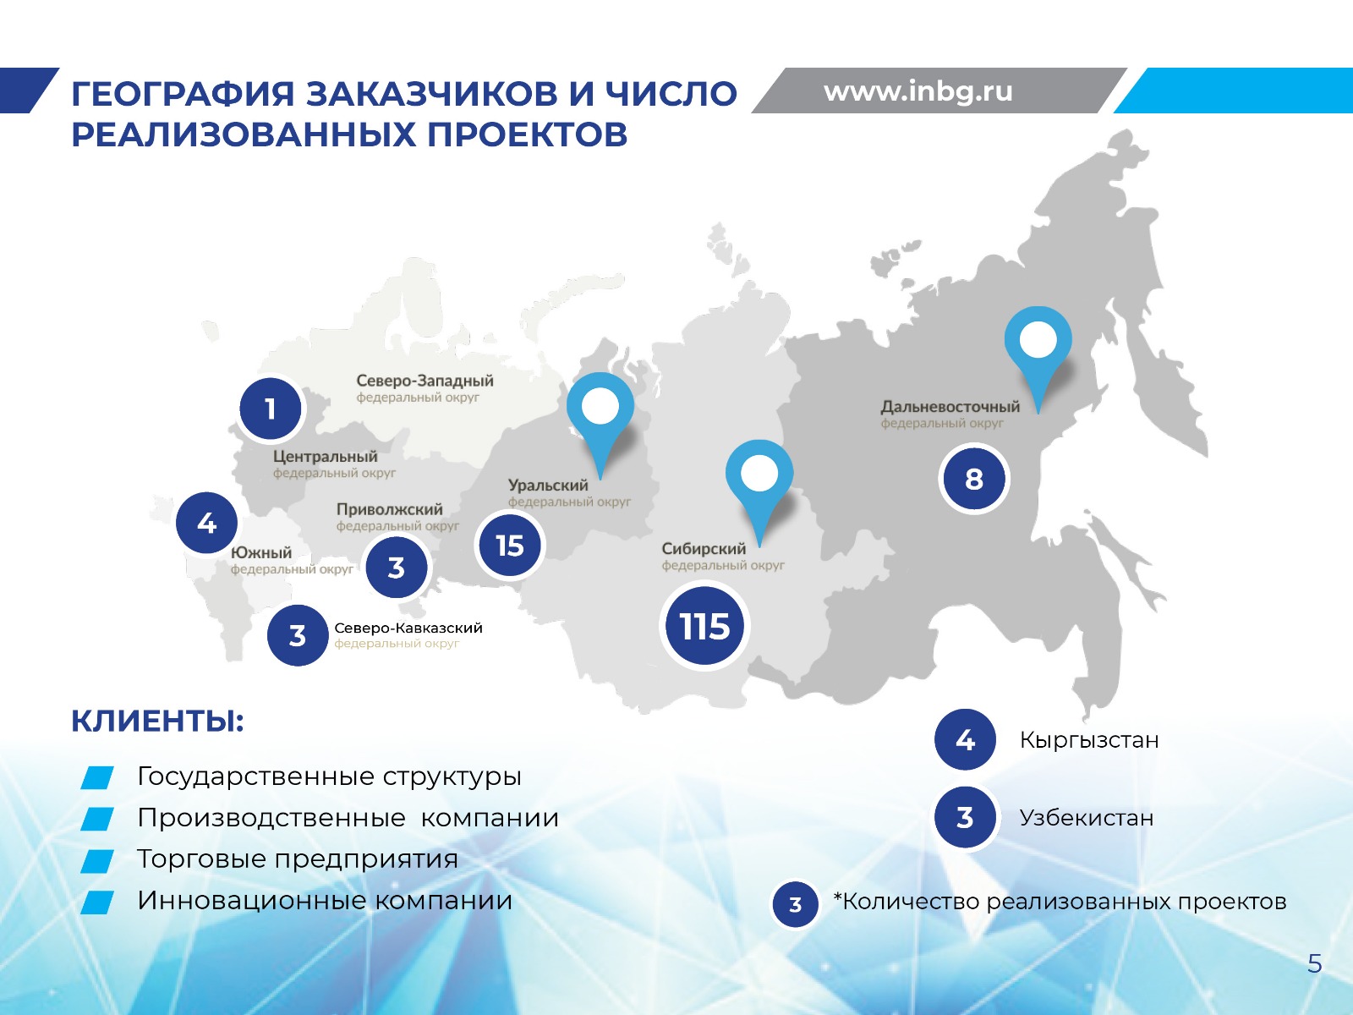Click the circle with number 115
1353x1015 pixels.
pyautogui.click(x=704, y=626)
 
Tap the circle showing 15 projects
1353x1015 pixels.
pyautogui.click(x=510, y=546)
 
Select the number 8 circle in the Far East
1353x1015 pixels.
pyautogui.click(x=974, y=479)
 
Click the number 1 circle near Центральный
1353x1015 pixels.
pyautogui.click(x=270, y=409)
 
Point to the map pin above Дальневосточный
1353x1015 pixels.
pyautogui.click(x=1038, y=358)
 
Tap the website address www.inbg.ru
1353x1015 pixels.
pyautogui.click(x=918, y=91)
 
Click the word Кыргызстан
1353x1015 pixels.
pyautogui.click(x=1089, y=739)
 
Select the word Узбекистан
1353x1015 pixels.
pyautogui.click(x=1087, y=817)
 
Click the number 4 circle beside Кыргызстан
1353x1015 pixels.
pyautogui.click(x=965, y=739)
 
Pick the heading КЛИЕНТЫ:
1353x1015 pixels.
pyautogui.click(x=158, y=721)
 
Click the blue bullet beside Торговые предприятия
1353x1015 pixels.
pyautogui.click(x=96, y=861)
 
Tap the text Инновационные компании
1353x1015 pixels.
pyautogui.click(x=325, y=900)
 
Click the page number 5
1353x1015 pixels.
pyautogui.click(x=1315, y=963)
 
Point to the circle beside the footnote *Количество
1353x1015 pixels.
pyautogui.click(x=795, y=904)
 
